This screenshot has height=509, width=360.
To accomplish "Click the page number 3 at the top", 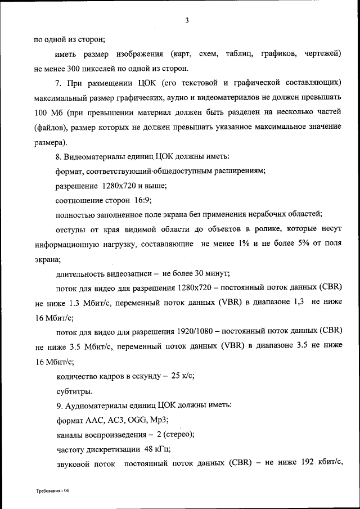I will coord(186,21).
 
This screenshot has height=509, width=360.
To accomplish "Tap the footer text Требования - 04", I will coord(53,491).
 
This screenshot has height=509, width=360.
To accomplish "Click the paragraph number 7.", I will coord(58,83).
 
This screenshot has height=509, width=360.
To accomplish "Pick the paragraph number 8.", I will coord(58,156).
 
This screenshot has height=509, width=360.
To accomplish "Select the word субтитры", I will coord(75,391).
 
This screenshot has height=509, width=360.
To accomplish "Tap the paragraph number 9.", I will coord(58,405).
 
